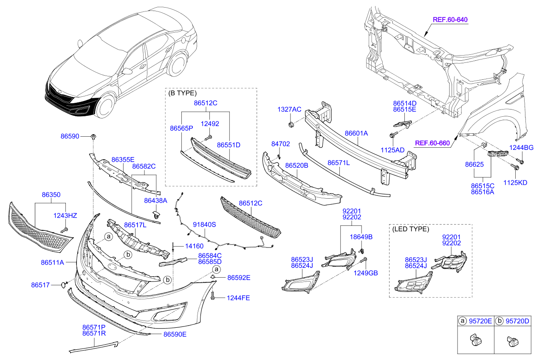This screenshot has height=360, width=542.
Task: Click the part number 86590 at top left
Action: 70,136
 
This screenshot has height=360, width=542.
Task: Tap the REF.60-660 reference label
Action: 432,143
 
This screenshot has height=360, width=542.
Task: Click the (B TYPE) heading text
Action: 183,93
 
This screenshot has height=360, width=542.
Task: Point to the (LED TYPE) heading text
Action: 410,229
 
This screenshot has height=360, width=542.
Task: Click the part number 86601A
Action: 356,133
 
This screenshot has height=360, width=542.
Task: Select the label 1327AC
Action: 289,110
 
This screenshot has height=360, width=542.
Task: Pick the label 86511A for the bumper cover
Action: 52,263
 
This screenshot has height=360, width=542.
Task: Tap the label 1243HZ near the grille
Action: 65,216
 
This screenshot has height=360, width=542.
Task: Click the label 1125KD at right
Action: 515,183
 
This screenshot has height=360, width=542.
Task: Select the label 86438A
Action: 155,200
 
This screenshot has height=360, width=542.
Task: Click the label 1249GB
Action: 366,273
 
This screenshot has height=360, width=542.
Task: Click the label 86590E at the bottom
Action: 175,334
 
